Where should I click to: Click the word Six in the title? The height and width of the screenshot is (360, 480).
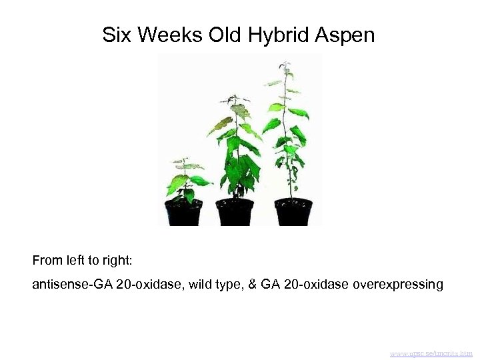pos(117,35)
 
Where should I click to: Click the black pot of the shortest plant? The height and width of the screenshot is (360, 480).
pos(183,212)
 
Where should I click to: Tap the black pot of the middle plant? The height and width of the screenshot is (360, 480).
pos(235,211)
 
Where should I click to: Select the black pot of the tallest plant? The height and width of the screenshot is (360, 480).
pos(293,211)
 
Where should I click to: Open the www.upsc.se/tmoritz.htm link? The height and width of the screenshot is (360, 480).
pos(431,353)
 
